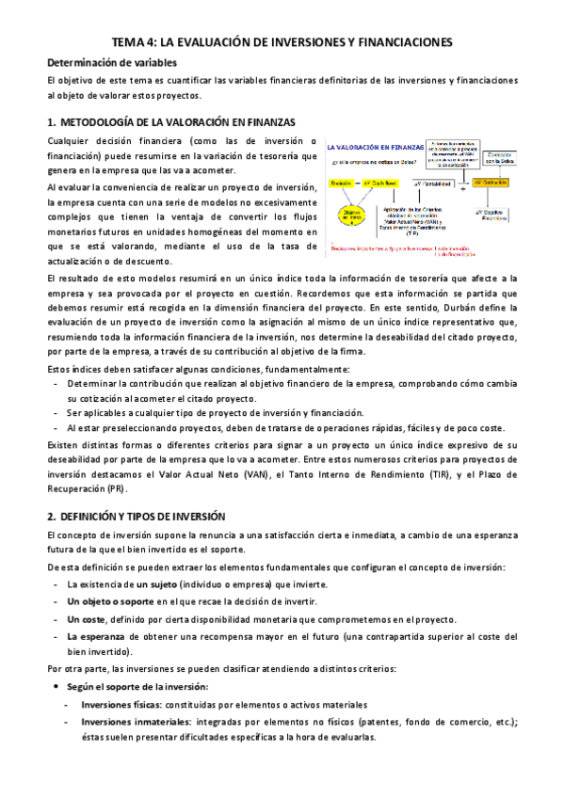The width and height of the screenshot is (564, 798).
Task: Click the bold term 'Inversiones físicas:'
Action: tap(121, 704)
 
